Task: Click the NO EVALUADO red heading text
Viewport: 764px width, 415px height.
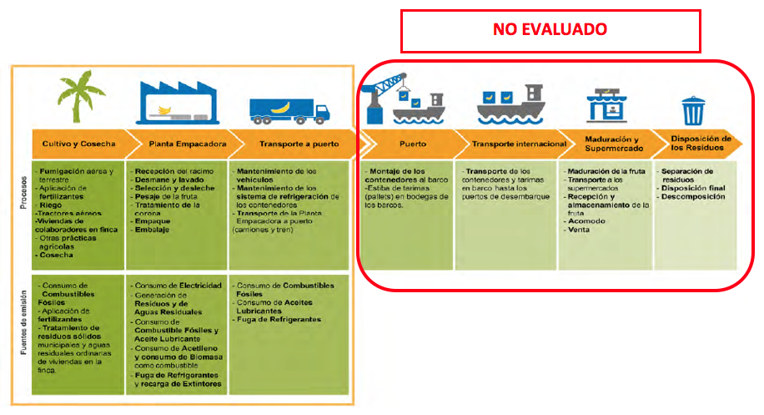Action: tap(550, 28)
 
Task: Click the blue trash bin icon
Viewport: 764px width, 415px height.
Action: tap(692, 109)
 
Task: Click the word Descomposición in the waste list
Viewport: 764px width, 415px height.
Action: tap(696, 196)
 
